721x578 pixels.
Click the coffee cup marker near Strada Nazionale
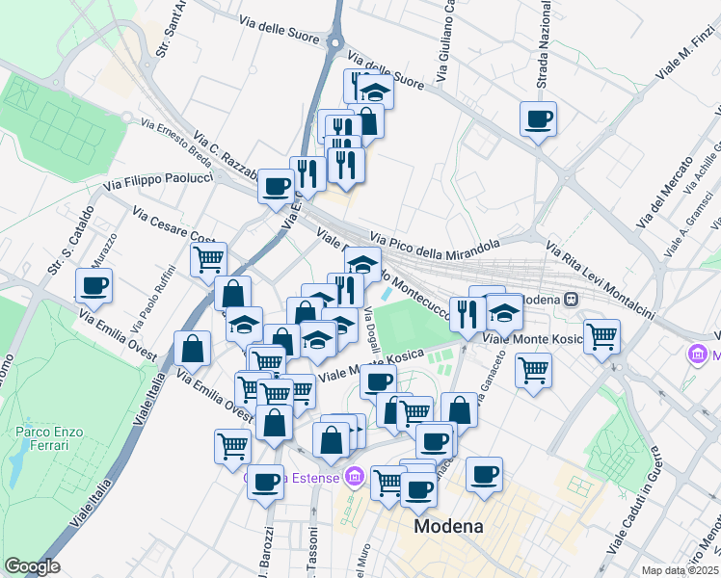(x=538, y=119)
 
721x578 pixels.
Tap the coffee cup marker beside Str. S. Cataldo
(x=94, y=285)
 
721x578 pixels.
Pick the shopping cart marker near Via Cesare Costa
(x=208, y=258)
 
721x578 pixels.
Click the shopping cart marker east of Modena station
(x=601, y=336)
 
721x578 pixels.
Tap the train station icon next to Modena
(x=572, y=300)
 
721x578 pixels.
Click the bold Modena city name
(x=448, y=527)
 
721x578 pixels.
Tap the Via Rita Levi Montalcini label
(x=600, y=280)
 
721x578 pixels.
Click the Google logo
(x=32, y=566)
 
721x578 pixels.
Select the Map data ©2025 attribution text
(x=679, y=570)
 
